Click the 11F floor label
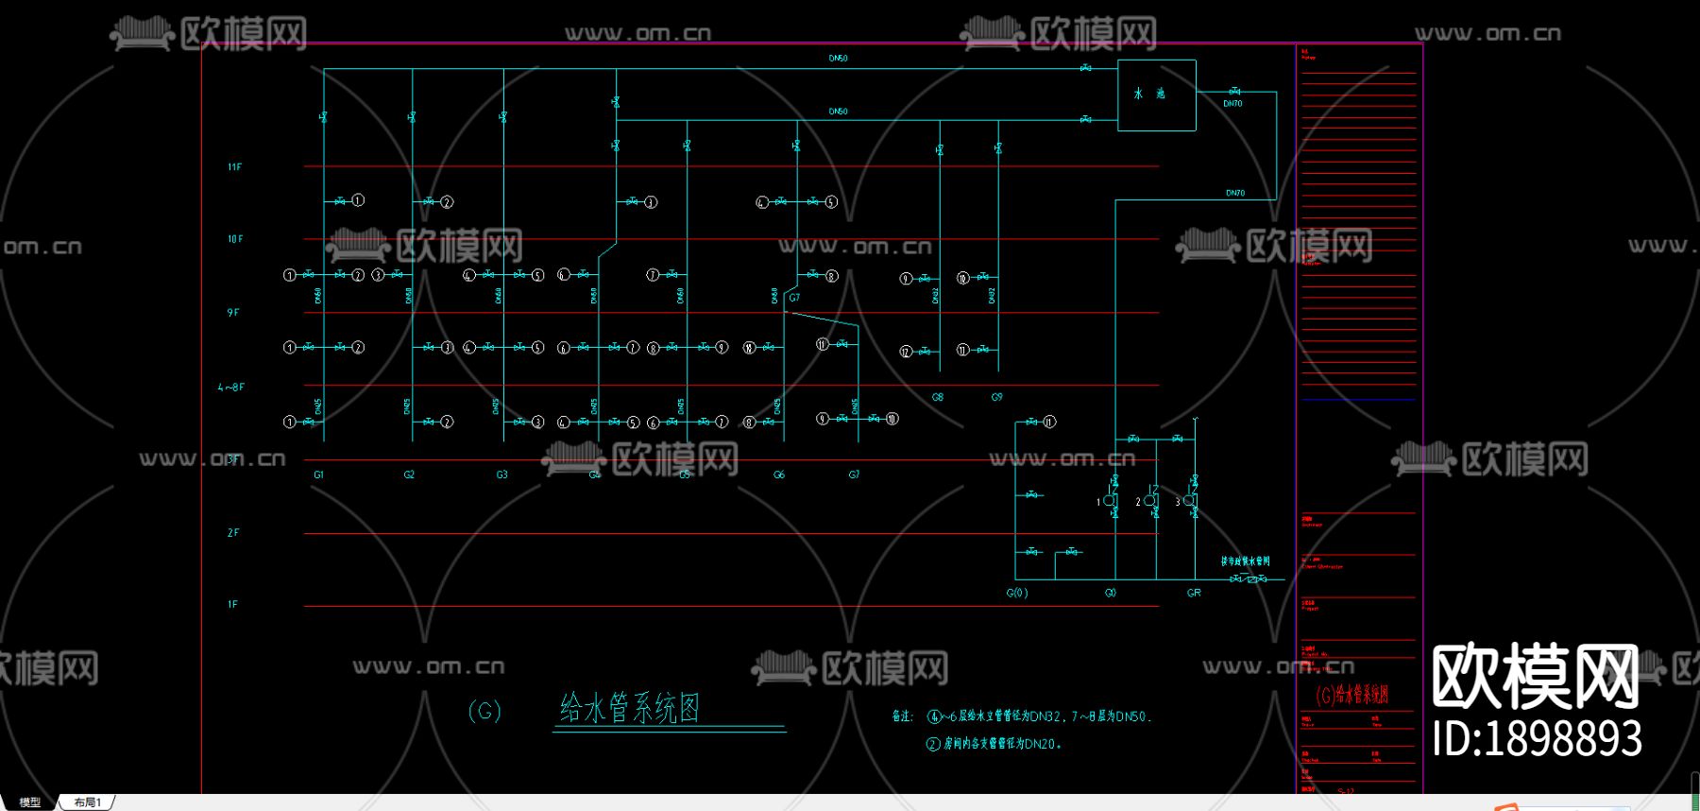234,167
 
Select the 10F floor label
234,239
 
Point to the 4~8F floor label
231,388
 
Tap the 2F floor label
233,533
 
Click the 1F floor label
232,604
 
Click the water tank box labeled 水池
1156,95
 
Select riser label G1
318,475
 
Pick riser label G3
501,475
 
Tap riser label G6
779,475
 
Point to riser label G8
938,397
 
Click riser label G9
996,397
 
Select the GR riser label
1194,593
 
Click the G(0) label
1017,593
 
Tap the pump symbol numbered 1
1110,501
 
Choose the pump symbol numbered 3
1189,501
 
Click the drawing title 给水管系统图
630,708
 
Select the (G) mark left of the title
484,711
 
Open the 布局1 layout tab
88,802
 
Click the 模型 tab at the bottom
30,802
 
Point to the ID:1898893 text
1537,738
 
